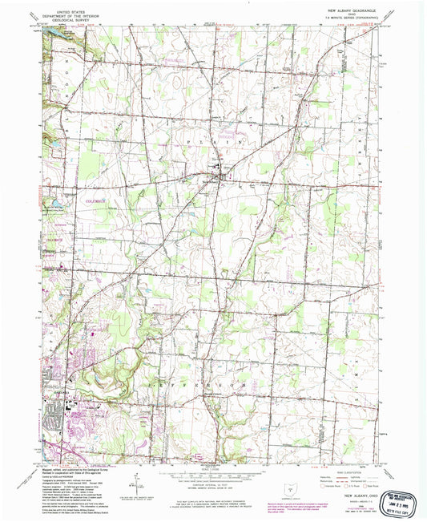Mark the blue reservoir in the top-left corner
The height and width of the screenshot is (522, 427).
coord(60,35)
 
